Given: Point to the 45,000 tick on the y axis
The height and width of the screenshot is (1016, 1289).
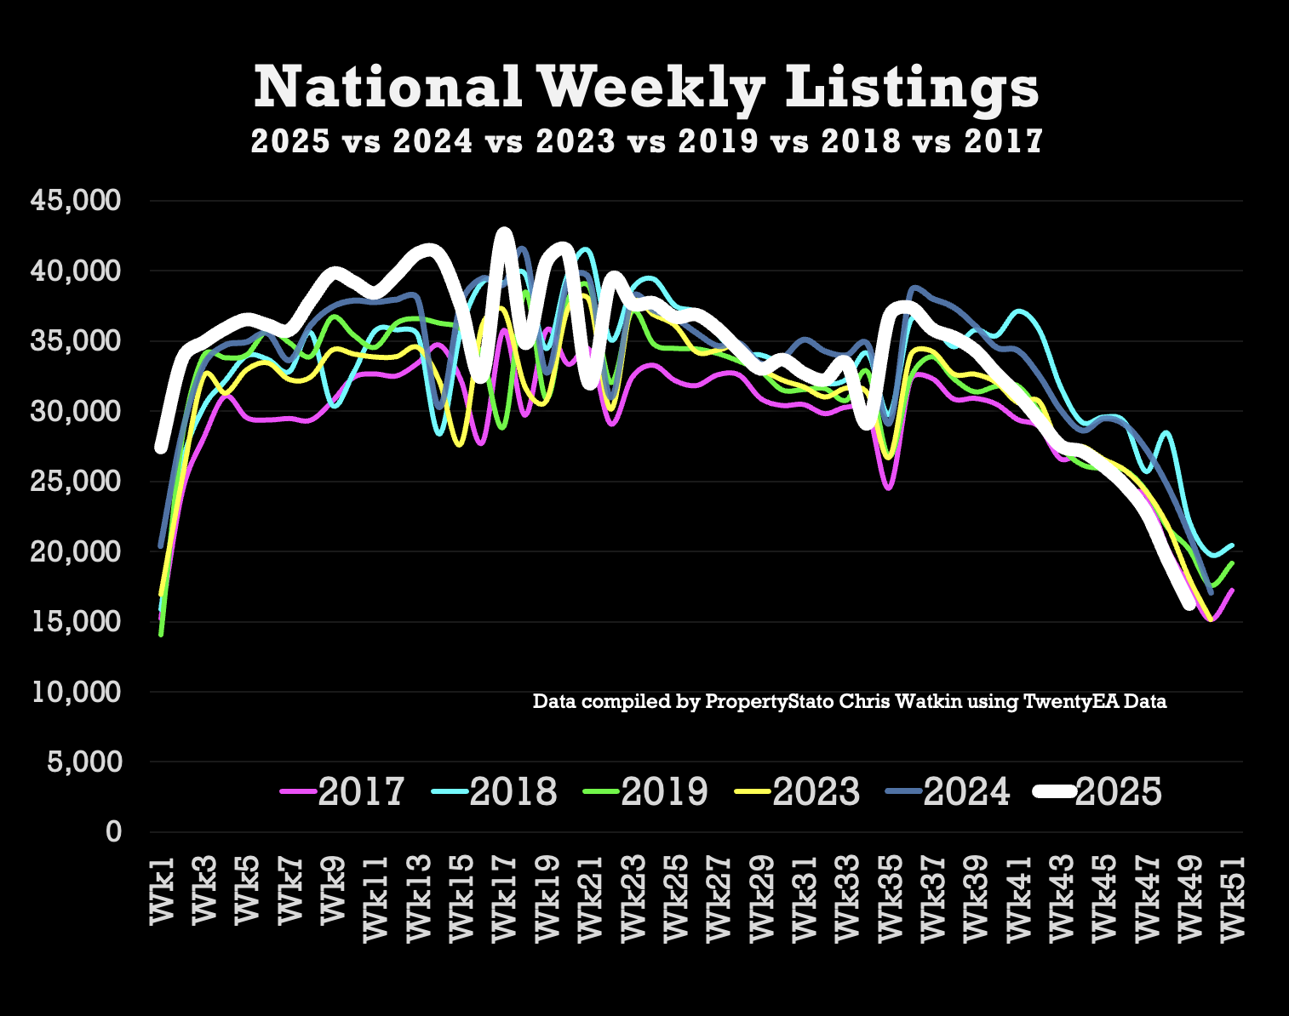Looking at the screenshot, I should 77,201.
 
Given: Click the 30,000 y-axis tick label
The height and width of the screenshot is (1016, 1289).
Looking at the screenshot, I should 77,411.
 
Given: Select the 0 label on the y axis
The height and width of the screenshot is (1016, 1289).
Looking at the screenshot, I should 114,831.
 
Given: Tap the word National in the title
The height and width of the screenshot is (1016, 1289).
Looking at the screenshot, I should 388,87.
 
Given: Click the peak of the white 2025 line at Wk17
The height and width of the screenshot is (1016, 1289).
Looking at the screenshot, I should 504,232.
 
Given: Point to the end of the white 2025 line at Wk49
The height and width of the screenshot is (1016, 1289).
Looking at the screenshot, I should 1189,605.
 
